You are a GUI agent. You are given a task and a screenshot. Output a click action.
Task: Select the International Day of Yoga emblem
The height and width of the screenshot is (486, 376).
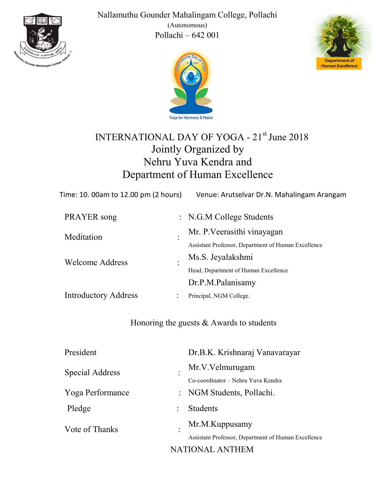click(x=191, y=85)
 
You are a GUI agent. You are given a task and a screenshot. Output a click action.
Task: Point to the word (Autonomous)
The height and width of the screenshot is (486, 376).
click(x=187, y=25)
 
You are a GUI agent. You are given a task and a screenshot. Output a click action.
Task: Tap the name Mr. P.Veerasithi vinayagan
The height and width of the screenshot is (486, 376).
click(x=235, y=232)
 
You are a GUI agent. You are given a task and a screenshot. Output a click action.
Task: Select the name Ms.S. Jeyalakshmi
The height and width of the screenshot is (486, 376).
click(x=220, y=257)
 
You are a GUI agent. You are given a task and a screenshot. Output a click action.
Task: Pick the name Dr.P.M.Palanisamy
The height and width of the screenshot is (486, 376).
click(x=222, y=283)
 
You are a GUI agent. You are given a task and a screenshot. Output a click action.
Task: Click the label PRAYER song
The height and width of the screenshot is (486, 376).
click(x=91, y=217)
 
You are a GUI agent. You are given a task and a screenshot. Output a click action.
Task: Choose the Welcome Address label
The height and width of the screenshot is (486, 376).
click(x=96, y=262)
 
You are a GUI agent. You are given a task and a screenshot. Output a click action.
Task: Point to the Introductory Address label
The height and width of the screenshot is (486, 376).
click(x=101, y=295)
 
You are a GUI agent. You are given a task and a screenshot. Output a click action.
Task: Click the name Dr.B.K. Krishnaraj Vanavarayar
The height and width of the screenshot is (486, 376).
click(x=244, y=353)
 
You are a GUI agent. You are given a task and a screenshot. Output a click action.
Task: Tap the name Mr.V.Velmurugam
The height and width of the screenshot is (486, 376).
click(x=221, y=367)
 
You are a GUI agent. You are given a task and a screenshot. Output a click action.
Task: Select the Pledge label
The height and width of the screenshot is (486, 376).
click(x=79, y=408)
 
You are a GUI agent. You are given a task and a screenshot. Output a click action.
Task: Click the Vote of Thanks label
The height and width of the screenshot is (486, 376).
click(x=91, y=429)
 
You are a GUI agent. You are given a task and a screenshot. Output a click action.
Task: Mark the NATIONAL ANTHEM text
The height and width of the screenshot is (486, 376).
click(x=212, y=449)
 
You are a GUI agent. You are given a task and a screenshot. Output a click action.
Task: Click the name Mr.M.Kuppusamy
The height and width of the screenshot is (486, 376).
click(x=220, y=424)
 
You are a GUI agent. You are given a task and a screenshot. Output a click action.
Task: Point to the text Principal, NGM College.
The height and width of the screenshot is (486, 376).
click(x=219, y=296)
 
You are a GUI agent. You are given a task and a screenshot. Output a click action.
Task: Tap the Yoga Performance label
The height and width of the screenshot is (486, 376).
click(x=97, y=393)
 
